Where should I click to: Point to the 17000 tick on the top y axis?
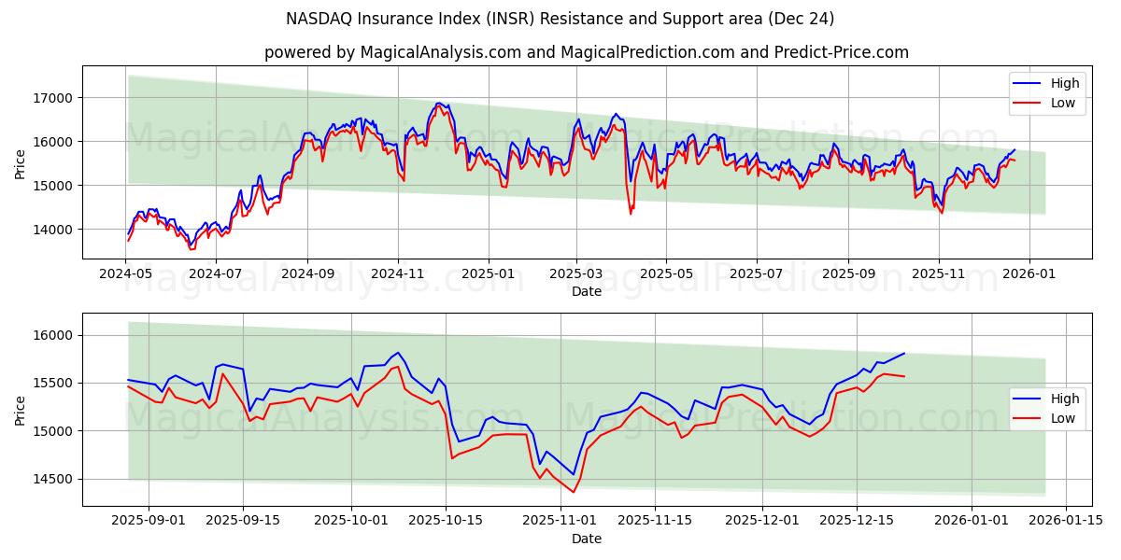click(53, 97)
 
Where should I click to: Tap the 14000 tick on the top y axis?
click(53, 229)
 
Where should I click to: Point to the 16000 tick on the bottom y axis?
click(53, 335)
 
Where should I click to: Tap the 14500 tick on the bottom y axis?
click(53, 479)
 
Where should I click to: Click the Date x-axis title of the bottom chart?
click(586, 539)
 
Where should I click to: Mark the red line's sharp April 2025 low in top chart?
click(631, 214)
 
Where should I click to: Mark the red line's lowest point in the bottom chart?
click(574, 492)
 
